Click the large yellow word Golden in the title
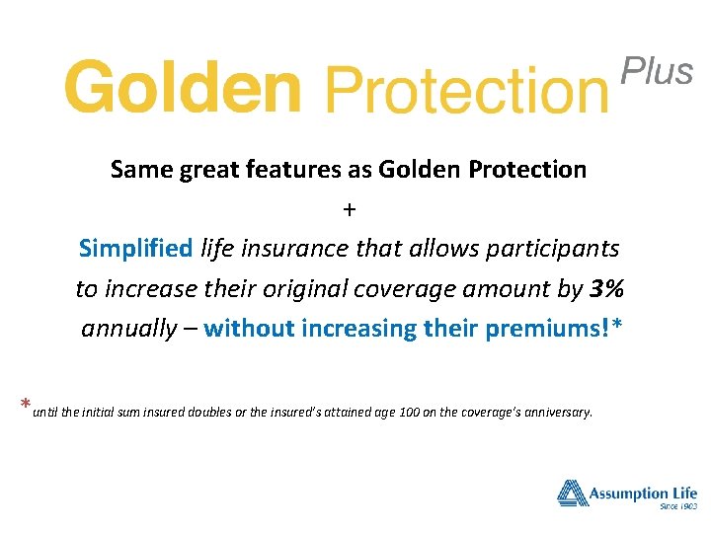[x=182, y=87]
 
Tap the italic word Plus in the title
[x=657, y=71]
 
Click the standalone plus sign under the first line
[x=349, y=209]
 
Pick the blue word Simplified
[x=136, y=249]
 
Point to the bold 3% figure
[x=606, y=289]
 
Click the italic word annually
[x=127, y=329]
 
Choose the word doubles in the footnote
[x=208, y=412]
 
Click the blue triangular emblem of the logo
[x=573, y=493]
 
